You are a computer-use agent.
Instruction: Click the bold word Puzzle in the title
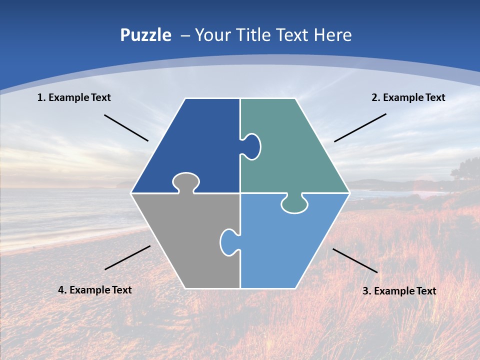[145, 35]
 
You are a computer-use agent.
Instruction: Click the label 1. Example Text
[74, 97]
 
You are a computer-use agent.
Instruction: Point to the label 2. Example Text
[408, 97]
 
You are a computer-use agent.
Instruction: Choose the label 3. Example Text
[399, 291]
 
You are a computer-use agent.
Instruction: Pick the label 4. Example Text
[94, 290]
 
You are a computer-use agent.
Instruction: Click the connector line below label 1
[126, 128]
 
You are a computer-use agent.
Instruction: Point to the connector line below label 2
[360, 127]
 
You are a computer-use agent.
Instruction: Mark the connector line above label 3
[355, 260]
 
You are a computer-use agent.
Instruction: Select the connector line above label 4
[127, 257]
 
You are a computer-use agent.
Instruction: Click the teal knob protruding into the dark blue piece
[251, 146]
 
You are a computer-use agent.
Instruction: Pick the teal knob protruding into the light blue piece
[294, 204]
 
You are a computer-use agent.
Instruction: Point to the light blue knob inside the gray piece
[229, 242]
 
